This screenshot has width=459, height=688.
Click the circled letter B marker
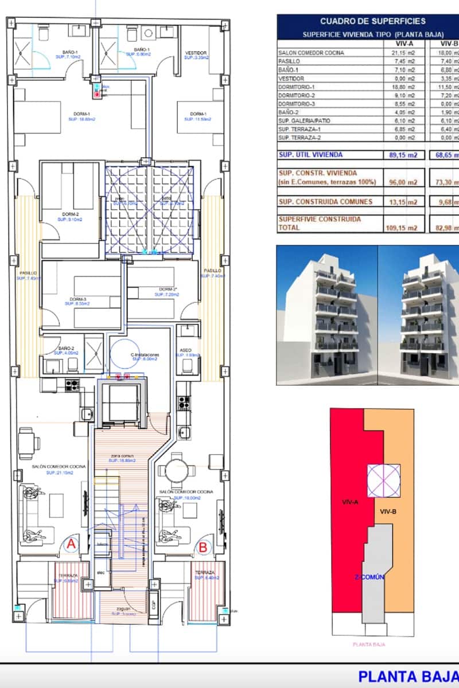point(203,547)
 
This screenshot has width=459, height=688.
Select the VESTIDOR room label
point(196,54)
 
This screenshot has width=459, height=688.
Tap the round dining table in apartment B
point(174,470)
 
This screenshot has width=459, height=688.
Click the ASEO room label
point(185,350)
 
